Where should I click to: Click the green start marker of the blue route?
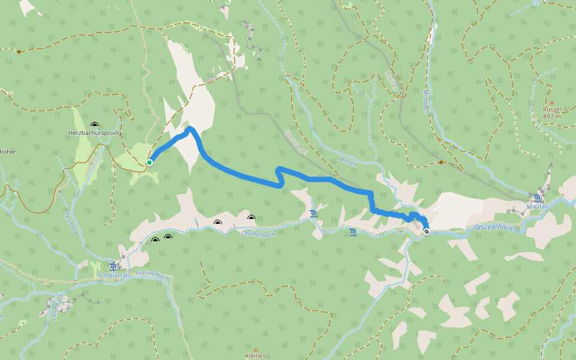coord(149,162)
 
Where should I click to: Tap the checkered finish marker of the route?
coord(426,231)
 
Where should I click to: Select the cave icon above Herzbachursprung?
coord(94,123)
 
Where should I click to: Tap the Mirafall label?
coord(538,206)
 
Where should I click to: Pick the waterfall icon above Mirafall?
coord(536,197)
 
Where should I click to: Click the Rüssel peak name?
coord(551,109)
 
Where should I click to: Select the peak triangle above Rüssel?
coord(551,103)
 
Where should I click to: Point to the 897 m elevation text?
coord(551,116)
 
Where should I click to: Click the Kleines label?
coord(255,356)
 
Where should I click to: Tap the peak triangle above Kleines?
coord(255,349)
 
